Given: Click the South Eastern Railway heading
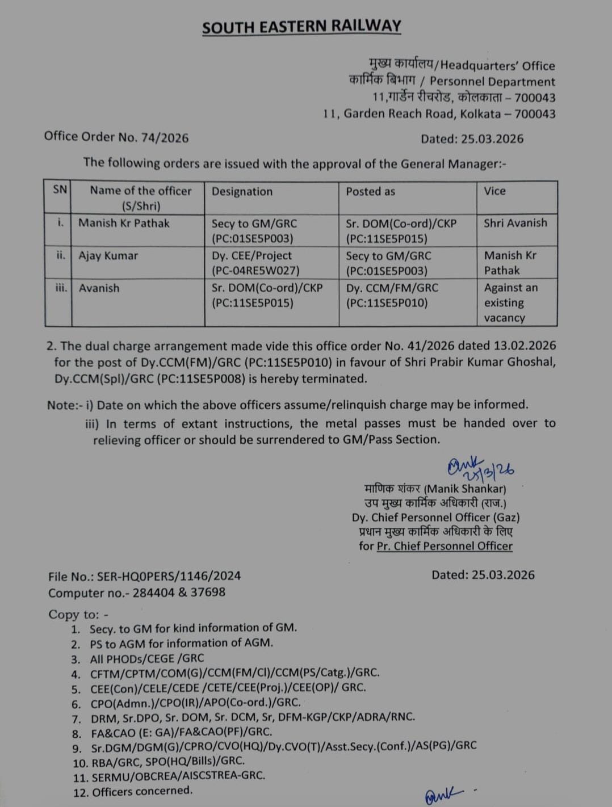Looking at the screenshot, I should pos(301,27).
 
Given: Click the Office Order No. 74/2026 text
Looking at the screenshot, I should pos(116,137).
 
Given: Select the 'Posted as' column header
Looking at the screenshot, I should pos(370,191).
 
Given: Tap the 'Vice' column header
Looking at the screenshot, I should pos(494,191).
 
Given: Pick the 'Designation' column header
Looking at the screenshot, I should pos(242,191).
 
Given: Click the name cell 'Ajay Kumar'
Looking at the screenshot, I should pos(108,256).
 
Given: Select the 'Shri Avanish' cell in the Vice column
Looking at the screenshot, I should pos(515,223).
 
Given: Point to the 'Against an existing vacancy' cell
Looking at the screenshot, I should pos(511,303).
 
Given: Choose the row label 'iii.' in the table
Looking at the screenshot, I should pos(61,288).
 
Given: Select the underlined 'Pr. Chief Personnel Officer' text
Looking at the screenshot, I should pos(445,546).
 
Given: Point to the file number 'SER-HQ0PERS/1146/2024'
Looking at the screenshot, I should pos(169,576).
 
